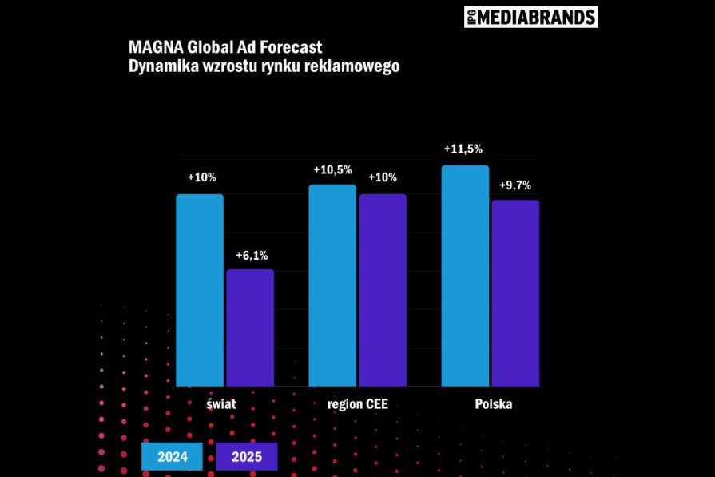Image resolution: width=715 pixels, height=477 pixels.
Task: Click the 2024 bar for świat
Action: (x=200, y=290)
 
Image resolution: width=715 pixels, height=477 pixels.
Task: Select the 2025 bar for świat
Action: (x=250, y=328)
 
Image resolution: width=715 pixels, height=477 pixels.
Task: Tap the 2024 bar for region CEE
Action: (x=332, y=285)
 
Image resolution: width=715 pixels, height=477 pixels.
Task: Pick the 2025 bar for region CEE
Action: (x=383, y=290)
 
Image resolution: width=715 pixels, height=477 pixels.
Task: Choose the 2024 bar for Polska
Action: (x=465, y=276)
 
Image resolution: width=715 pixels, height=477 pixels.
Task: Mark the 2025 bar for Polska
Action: (x=515, y=293)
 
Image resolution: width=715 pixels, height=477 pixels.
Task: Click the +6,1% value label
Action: (x=252, y=256)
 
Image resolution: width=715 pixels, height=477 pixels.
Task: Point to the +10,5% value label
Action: (x=332, y=169)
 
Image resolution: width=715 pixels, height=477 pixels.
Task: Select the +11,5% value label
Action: (x=463, y=149)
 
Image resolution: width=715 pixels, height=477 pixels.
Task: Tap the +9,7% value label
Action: (x=515, y=185)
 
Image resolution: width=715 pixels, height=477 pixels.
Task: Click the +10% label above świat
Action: (x=202, y=177)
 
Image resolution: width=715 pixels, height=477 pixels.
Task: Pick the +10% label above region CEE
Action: (x=382, y=177)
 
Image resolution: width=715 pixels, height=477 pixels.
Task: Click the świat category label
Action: (x=220, y=404)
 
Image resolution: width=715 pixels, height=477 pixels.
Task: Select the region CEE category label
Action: (x=358, y=404)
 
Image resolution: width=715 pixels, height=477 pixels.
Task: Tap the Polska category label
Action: (x=494, y=404)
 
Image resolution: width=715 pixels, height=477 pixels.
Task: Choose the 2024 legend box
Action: (x=173, y=457)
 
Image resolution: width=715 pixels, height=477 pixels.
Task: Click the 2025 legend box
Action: (x=247, y=457)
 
